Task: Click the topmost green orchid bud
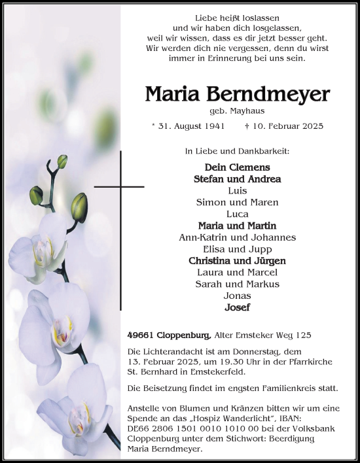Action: [62, 161]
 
